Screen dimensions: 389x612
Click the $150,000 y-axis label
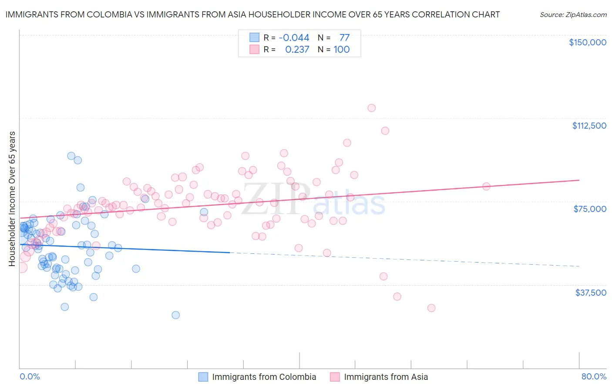(x=587, y=42)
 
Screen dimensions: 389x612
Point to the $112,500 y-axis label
(x=589, y=126)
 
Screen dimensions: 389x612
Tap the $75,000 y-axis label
(x=590, y=209)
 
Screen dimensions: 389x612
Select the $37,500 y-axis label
(x=591, y=293)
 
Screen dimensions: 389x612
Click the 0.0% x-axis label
(x=30, y=376)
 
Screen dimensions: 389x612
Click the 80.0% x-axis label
(x=594, y=376)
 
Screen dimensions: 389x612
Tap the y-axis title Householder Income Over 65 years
(x=12, y=198)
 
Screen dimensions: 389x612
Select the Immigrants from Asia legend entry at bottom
(x=386, y=377)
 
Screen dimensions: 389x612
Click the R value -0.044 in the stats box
(x=294, y=38)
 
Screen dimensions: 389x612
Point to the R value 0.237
(x=297, y=49)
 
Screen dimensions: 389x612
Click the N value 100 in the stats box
(x=342, y=49)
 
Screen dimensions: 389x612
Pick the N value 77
(x=344, y=38)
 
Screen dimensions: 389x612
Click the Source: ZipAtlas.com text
(x=573, y=14)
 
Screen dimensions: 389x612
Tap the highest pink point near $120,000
(x=371, y=108)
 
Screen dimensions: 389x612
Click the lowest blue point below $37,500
(x=175, y=315)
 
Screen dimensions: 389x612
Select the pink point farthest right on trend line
(x=486, y=186)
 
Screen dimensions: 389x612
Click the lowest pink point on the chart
(x=431, y=308)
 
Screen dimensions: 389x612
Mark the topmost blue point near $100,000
(x=71, y=156)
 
